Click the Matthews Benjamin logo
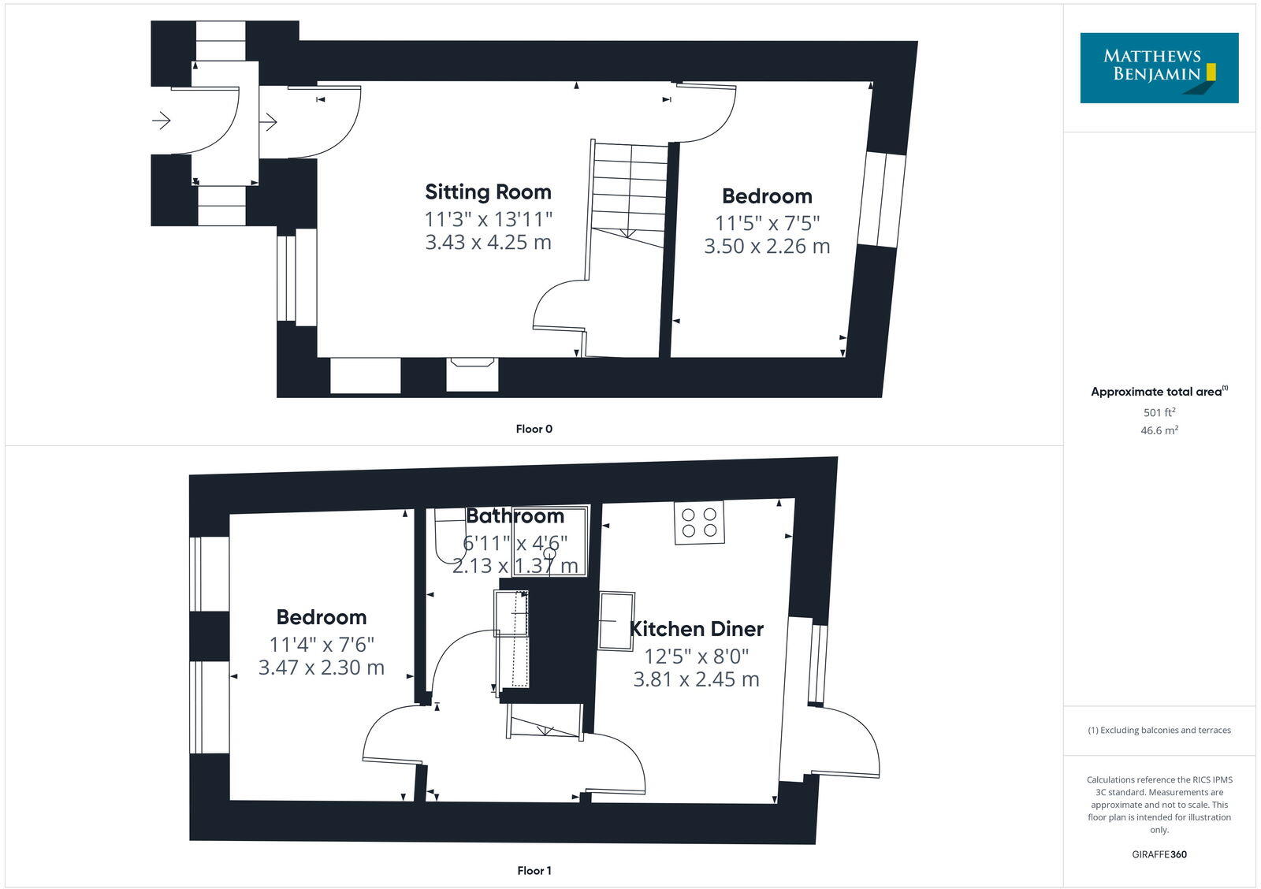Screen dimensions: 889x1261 (x=1159, y=68)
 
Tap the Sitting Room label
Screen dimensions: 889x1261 (x=488, y=192)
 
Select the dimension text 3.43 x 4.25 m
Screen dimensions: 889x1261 (x=488, y=242)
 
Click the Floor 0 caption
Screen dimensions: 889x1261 (x=534, y=429)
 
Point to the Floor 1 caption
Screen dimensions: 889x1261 (x=534, y=871)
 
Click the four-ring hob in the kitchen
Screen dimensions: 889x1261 (x=699, y=523)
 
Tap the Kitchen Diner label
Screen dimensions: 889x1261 (x=697, y=629)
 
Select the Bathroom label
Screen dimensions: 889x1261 (x=515, y=516)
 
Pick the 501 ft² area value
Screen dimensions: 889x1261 (x=1159, y=412)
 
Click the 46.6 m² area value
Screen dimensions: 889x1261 (x=1159, y=430)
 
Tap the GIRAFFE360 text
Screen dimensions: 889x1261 (x=1159, y=854)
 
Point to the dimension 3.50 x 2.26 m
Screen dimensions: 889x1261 (x=767, y=246)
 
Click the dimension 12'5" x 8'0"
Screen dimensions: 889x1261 (x=697, y=656)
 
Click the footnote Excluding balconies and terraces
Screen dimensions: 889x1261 (x=1159, y=731)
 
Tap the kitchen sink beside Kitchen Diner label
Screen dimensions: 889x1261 (x=616, y=621)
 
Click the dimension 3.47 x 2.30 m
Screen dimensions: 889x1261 (x=322, y=668)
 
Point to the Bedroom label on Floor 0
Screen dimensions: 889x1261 (x=767, y=196)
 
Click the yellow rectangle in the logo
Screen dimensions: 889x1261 (x=1211, y=73)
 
